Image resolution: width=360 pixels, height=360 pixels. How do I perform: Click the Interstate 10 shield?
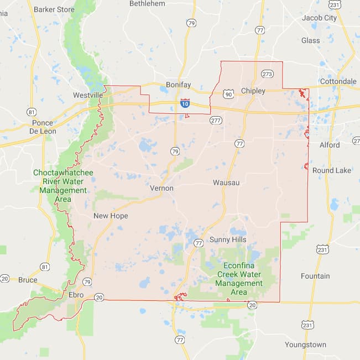185,103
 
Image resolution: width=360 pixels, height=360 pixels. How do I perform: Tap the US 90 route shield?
228,93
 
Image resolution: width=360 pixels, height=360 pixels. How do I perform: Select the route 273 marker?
267,74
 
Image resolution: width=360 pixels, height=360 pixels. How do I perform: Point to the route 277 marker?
216,119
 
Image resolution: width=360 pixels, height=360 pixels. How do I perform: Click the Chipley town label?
253,91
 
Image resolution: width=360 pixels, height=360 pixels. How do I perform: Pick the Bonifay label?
178,86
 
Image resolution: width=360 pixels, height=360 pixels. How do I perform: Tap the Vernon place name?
161,188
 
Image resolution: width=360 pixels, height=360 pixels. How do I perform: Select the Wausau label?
226,182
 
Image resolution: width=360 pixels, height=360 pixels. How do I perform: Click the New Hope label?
111,216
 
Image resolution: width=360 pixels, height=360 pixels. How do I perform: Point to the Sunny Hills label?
228,239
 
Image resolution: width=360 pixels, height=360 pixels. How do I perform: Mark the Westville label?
88,95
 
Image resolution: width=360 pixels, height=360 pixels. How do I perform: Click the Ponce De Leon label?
43,127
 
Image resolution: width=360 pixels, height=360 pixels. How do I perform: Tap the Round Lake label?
332,170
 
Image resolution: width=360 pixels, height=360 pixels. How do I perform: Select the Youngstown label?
305,345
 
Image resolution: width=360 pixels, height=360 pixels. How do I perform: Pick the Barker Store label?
54,9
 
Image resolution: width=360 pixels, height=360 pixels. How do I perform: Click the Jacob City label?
319,18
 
